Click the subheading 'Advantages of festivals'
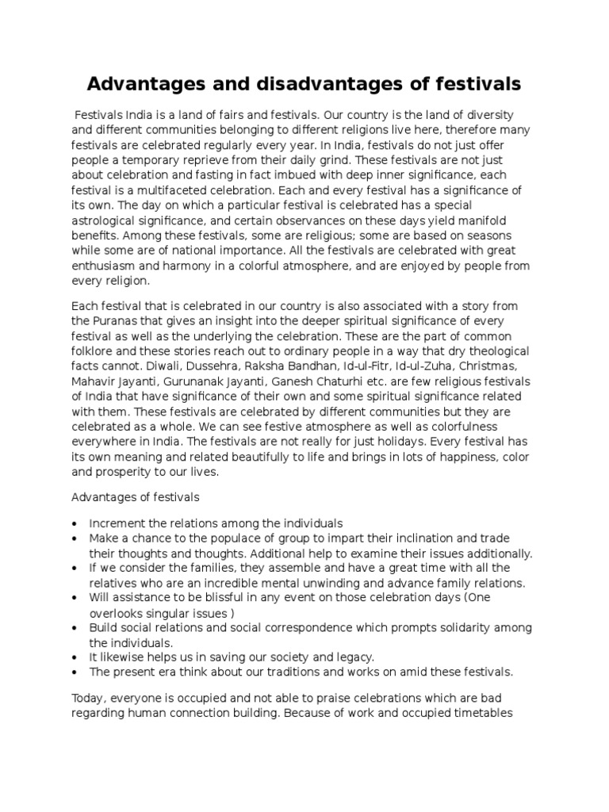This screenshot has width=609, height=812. pyautogui.click(x=136, y=498)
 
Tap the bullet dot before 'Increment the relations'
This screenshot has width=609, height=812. pyautogui.click(x=75, y=524)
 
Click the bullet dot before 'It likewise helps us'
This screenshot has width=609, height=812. pyautogui.click(x=75, y=657)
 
